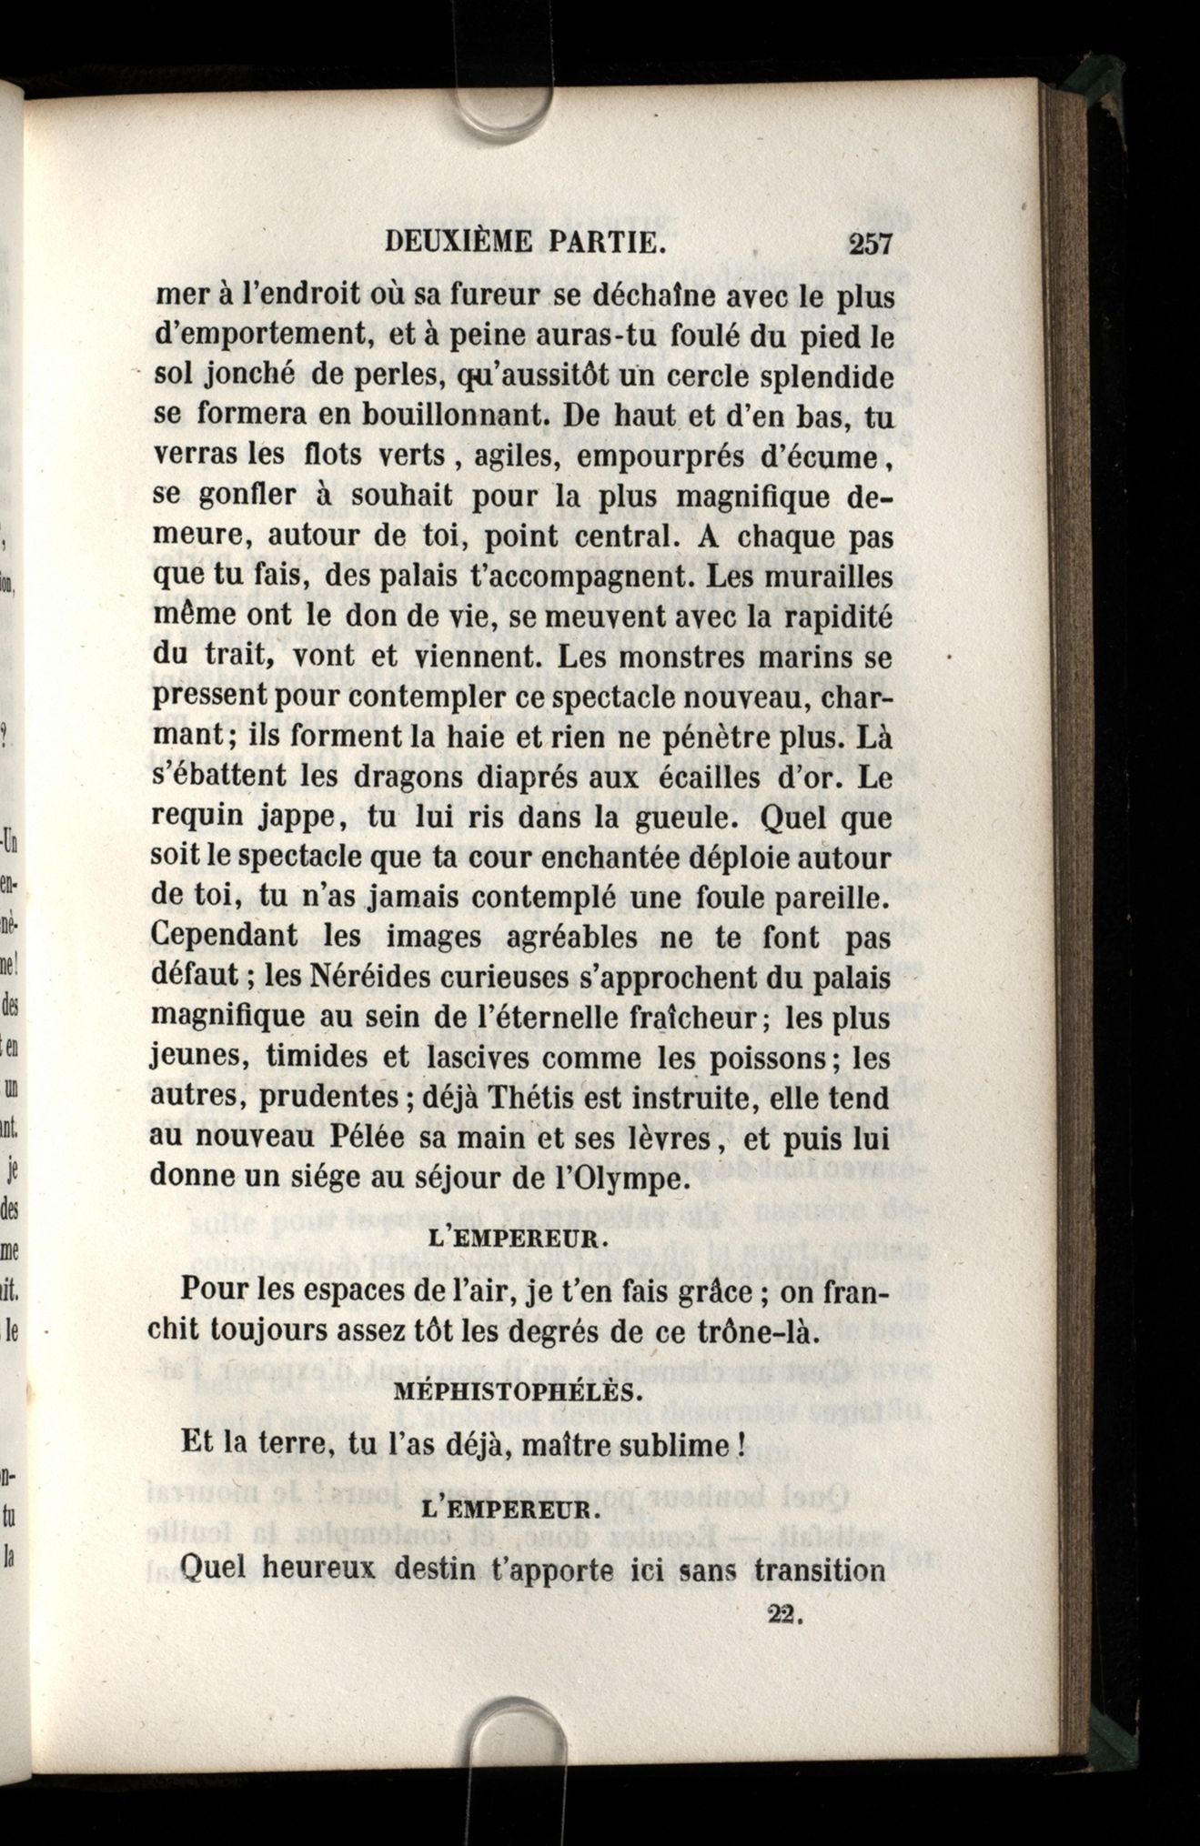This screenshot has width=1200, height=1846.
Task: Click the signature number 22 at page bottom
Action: click(781, 1613)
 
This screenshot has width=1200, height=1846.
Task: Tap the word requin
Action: click(196, 818)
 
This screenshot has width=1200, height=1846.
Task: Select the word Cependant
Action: click(223, 937)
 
